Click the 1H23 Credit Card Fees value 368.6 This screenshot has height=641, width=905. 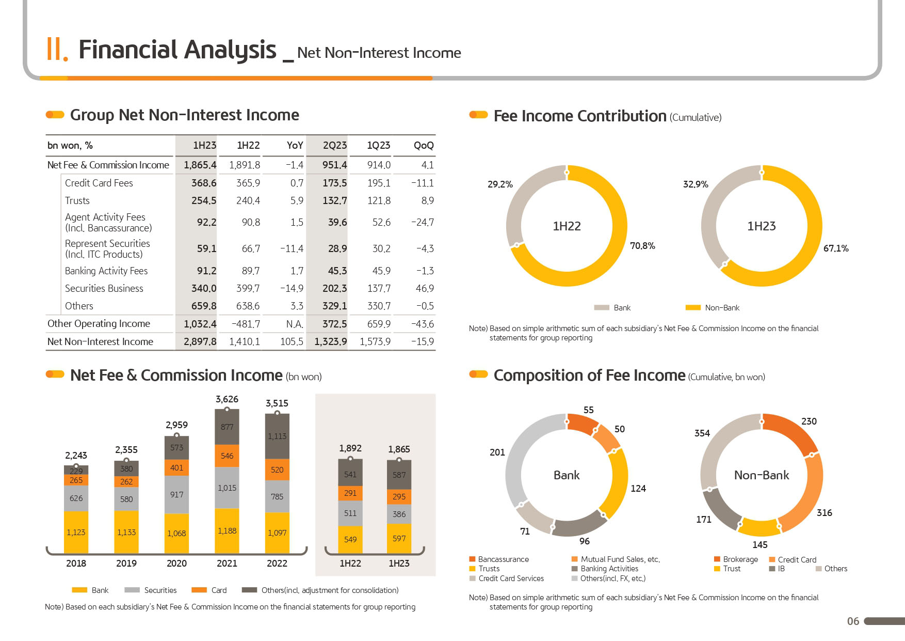[204, 183]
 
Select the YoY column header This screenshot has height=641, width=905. [295, 145]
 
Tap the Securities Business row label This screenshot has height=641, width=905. [104, 288]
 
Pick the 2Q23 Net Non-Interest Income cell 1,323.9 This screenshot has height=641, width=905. [331, 341]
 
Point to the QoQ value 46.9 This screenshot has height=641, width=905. [425, 288]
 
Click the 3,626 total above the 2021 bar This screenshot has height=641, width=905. [227, 399]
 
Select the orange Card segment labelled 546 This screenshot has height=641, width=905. [227, 456]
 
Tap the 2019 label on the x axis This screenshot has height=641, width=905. [126, 563]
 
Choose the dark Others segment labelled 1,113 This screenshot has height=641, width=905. [277, 436]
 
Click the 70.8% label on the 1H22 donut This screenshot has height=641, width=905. [642, 246]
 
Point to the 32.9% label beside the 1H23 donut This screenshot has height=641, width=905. [696, 184]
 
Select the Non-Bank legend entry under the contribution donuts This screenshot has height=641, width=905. [713, 307]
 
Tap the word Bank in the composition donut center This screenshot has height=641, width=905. [567, 475]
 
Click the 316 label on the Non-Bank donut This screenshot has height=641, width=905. [825, 513]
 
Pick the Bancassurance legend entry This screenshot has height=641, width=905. [499, 559]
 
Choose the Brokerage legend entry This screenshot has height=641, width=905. [736, 559]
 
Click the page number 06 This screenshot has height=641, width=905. [853, 621]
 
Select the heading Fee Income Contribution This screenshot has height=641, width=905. [580, 116]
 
